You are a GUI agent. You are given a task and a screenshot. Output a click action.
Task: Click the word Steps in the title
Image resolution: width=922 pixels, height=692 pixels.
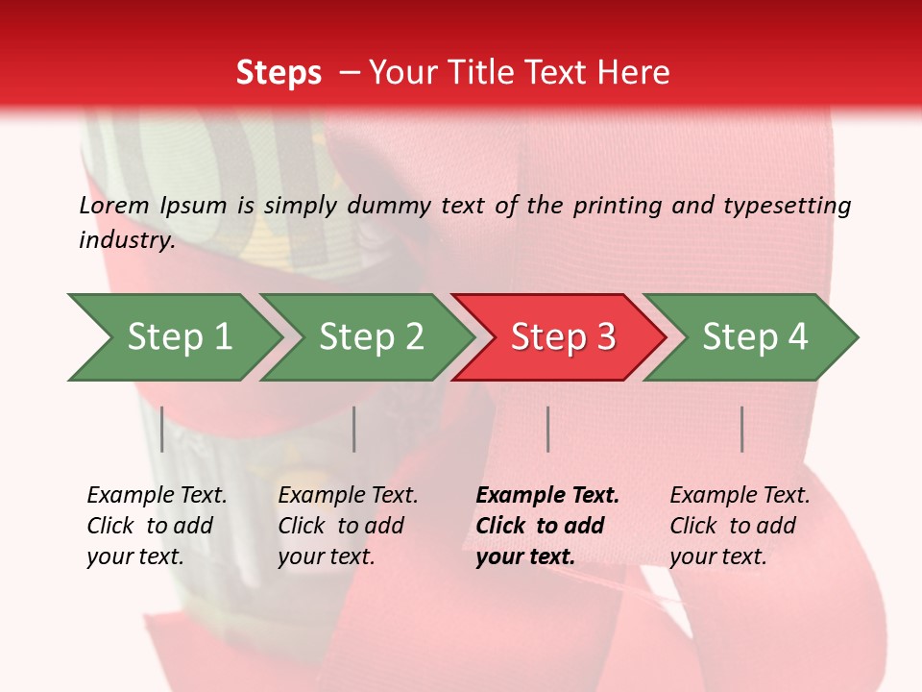coord(279,73)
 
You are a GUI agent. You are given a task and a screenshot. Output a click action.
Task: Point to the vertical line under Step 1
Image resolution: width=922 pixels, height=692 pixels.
coord(162,429)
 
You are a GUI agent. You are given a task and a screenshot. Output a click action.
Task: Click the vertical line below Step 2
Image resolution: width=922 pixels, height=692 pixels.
coord(354,429)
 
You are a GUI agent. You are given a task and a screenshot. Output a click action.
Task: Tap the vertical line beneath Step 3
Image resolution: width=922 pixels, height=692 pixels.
coord(547,429)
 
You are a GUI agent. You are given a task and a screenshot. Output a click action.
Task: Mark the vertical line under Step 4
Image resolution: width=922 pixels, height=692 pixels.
coord(741,429)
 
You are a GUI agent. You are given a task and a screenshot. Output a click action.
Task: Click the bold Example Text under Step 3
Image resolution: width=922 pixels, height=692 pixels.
coord(546,526)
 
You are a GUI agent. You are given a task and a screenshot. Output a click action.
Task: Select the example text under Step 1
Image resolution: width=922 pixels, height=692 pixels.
coord(157,526)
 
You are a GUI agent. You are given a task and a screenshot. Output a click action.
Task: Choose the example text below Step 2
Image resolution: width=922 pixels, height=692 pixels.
coord(348,526)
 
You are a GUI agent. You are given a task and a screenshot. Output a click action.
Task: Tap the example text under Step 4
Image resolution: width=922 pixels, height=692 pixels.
coord(740,526)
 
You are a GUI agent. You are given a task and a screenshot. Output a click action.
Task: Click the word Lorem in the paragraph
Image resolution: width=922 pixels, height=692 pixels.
coord(114,206)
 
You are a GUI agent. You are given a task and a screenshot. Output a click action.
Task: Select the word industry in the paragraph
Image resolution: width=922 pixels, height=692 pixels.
coord(125,240)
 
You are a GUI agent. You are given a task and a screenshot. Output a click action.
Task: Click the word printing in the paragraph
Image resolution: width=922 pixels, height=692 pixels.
coord(618,206)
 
